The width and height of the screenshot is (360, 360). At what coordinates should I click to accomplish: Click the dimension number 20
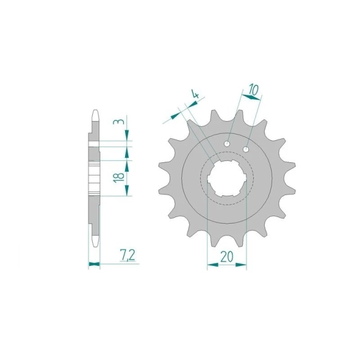(226, 256)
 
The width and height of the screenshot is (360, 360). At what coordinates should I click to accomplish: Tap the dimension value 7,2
(128, 256)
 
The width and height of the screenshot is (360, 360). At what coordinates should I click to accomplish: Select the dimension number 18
(119, 177)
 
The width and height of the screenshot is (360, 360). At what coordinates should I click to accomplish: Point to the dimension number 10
(253, 90)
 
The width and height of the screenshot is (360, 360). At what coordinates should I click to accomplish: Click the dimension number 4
(195, 94)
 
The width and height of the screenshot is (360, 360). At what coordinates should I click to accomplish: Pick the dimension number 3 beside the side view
(119, 122)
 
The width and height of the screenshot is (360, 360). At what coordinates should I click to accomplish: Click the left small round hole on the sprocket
(227, 144)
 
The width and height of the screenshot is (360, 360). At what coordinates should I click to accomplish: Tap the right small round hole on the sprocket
(246, 150)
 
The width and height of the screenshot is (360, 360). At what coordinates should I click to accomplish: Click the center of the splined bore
(227, 178)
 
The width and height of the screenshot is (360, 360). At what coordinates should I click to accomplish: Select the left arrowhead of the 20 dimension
(213, 265)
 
